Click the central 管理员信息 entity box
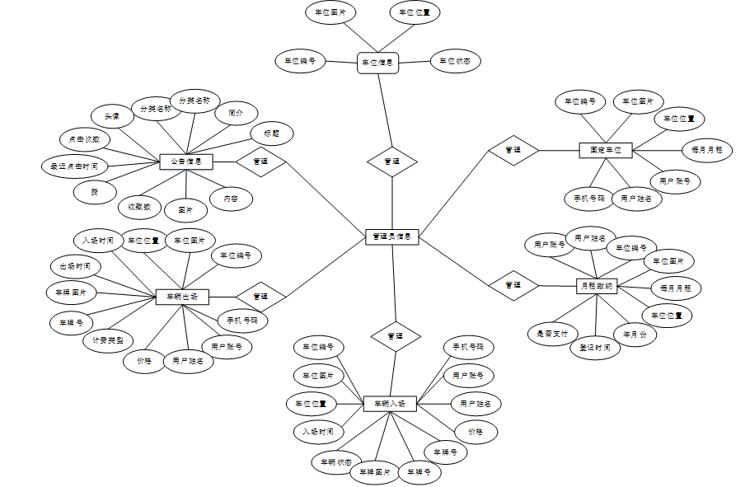pos(392,236)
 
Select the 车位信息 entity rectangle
pos(377,62)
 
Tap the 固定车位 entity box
pos(606,150)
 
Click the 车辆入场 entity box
pos(390,404)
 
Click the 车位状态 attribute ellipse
pos(455,61)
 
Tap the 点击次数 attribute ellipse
pos(84,139)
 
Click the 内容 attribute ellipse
pos(230,199)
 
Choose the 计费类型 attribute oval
pos(108,339)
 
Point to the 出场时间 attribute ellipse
pos(76,266)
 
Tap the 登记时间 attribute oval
pos(595,347)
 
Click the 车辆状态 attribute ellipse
pos(336,461)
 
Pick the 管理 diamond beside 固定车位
pos(513,150)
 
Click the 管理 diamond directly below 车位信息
pos(392,162)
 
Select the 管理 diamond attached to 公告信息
pos(260,162)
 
